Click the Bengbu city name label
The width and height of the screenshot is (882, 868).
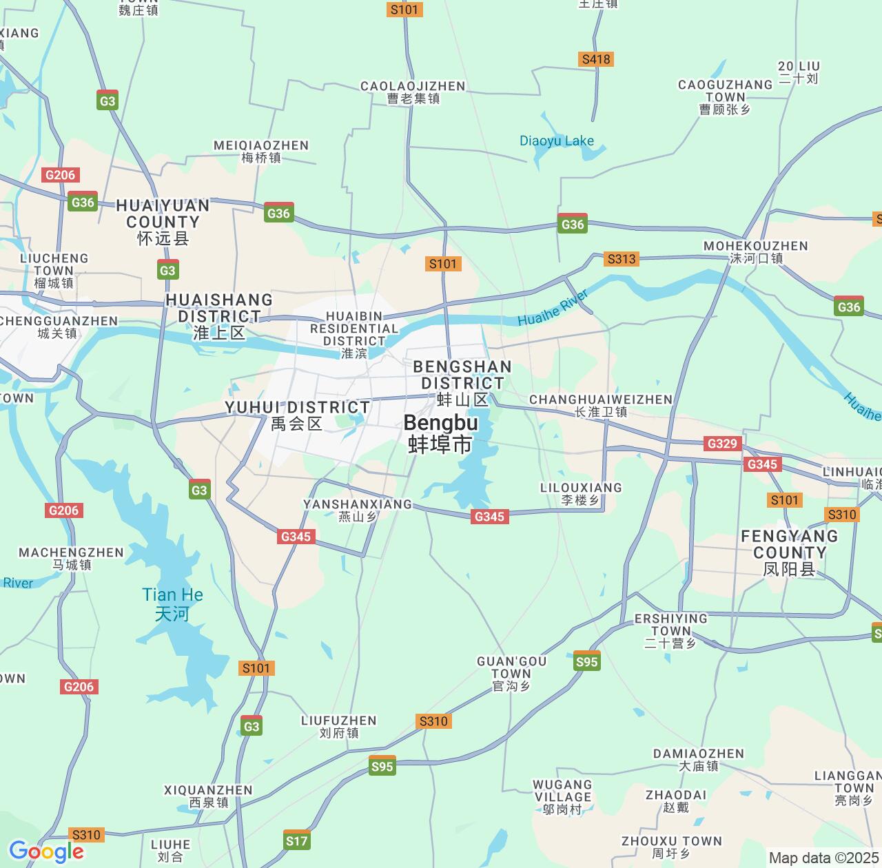coord(440,433)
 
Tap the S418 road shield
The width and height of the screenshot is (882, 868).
coord(596,59)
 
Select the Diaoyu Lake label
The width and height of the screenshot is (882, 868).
coord(556,141)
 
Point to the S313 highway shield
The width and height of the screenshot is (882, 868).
coord(622,259)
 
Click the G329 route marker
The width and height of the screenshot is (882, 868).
coord(722,444)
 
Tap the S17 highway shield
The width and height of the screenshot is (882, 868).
coord(297,840)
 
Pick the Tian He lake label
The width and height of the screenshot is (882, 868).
coord(172,603)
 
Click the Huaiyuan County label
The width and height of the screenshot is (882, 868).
coord(163,222)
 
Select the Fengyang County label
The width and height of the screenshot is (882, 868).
coord(789,552)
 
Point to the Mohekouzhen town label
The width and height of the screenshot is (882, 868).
coord(756,252)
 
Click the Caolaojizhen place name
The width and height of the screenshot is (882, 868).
coord(413,92)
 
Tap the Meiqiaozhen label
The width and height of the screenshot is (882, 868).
coord(261,152)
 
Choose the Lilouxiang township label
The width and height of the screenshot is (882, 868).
coord(581,493)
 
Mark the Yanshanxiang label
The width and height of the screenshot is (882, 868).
coord(358,510)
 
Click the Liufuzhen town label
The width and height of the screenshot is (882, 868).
coord(339,726)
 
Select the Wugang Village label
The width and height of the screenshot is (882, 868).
coord(562,796)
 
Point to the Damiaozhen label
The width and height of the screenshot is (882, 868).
coord(699,759)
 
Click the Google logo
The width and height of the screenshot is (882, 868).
coord(46,851)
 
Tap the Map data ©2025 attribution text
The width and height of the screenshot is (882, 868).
coord(823,858)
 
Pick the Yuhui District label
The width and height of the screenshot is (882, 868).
coord(297,415)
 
